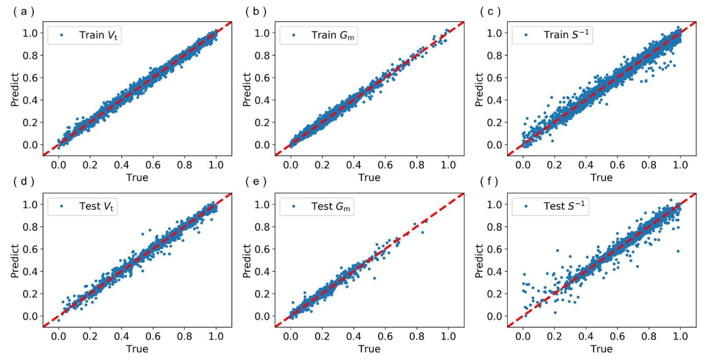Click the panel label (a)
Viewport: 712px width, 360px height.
[x=23, y=12]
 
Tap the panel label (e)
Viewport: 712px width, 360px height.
[x=256, y=182]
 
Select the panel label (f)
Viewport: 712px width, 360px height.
[x=489, y=182]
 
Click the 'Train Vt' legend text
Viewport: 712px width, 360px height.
[x=98, y=35]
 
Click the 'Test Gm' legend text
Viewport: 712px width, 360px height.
[x=330, y=206]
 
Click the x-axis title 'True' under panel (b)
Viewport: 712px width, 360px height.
[x=369, y=177]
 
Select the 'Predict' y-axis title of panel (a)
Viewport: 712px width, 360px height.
[x=14, y=90]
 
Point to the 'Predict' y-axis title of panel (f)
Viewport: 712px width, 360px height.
[x=479, y=261]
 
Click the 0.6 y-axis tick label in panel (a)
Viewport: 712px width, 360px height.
[x=31, y=78]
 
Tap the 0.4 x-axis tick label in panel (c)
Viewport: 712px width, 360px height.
[x=586, y=165]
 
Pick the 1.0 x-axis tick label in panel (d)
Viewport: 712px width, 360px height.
[x=216, y=336]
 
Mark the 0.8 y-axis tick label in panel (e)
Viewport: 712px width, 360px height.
[x=263, y=227]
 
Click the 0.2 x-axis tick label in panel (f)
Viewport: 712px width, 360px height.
[x=555, y=336]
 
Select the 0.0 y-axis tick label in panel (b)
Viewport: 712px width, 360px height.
[x=263, y=145]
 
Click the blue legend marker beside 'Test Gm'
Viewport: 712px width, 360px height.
[x=294, y=206]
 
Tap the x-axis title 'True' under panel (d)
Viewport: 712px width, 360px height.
[x=137, y=349]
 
